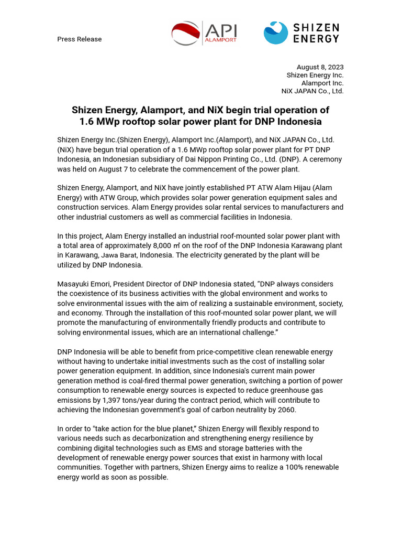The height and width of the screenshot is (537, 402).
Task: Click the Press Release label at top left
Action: pyautogui.click(x=80, y=39)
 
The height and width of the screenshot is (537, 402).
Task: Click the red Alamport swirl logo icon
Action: pyautogui.click(x=185, y=33)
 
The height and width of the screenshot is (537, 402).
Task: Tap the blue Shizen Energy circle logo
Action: pyautogui.click(x=275, y=33)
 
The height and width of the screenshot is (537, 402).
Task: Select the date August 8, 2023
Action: pyautogui.click(x=320, y=67)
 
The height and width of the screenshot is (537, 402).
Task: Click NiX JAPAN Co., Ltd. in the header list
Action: pyautogui.click(x=312, y=91)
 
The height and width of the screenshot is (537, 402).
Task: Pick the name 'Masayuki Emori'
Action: pyautogui.click(x=81, y=284)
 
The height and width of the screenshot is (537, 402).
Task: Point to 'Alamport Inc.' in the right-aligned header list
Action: pyautogui.click(x=322, y=83)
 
